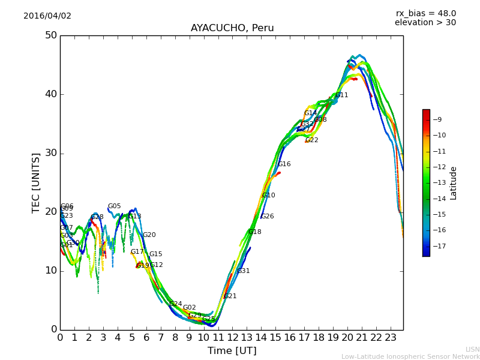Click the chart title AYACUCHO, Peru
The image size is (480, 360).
(x=232, y=28)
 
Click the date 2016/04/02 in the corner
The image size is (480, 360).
(x=47, y=16)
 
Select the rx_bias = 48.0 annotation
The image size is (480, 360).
(x=425, y=14)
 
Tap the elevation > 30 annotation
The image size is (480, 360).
(x=425, y=23)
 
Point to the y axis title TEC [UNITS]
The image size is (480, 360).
(x=36, y=182)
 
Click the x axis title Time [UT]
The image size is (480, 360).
(x=232, y=351)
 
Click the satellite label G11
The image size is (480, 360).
(x=342, y=95)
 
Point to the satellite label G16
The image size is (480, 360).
(x=284, y=164)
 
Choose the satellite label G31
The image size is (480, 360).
(x=244, y=271)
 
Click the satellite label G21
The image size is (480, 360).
(x=230, y=296)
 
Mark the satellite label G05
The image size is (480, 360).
(x=115, y=206)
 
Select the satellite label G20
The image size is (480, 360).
(x=149, y=235)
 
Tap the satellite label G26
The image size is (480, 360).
(x=267, y=217)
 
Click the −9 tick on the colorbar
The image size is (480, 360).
(x=437, y=120)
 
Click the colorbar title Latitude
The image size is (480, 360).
(x=454, y=183)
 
